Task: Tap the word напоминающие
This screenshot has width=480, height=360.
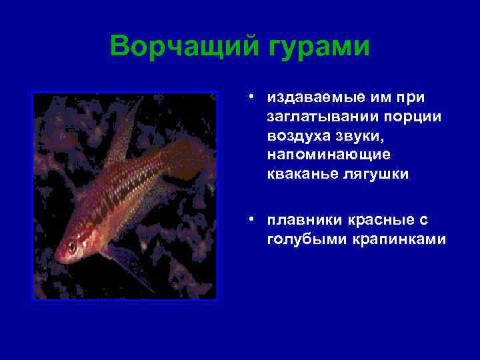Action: click(x=319, y=155)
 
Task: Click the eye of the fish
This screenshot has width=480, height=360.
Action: click(x=72, y=247)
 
